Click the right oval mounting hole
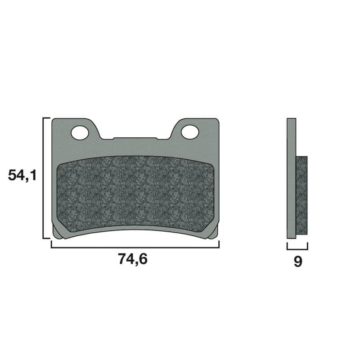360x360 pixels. (190, 132)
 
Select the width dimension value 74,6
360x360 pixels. (133, 259)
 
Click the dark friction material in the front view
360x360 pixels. (135, 193)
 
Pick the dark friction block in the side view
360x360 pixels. (301, 196)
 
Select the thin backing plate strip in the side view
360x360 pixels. (291, 178)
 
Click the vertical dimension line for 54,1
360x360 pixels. (43, 178)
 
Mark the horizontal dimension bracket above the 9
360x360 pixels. (297, 248)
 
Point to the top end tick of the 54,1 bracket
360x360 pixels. (46, 118)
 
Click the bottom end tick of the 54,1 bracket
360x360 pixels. (46, 238)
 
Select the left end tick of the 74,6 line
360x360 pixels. (51, 244)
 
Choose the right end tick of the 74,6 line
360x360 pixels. (219, 244)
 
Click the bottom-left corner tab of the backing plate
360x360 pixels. (57, 233)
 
